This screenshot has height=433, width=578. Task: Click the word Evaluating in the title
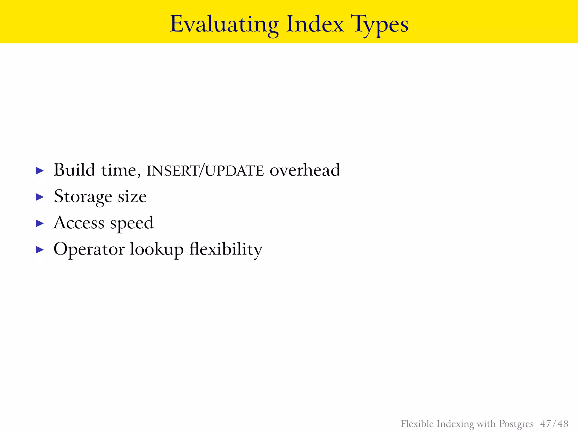point(224,25)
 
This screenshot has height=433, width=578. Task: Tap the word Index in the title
point(315,25)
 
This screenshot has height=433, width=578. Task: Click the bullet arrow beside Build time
point(40,171)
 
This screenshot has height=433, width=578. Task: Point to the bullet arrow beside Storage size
point(40,197)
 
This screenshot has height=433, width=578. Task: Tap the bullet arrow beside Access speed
point(40,223)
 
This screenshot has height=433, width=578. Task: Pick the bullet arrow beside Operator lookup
point(40,249)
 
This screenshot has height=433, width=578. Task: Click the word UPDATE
point(234,171)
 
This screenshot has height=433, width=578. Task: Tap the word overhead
point(305,170)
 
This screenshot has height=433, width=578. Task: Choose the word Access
point(79,223)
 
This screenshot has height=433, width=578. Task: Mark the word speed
point(132,223)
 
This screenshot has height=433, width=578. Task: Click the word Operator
point(89,249)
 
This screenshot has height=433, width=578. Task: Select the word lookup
point(157,249)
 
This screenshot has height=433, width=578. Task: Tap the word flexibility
point(226,249)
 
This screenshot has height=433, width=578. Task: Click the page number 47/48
point(554,424)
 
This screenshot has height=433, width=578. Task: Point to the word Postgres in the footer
point(516,424)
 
